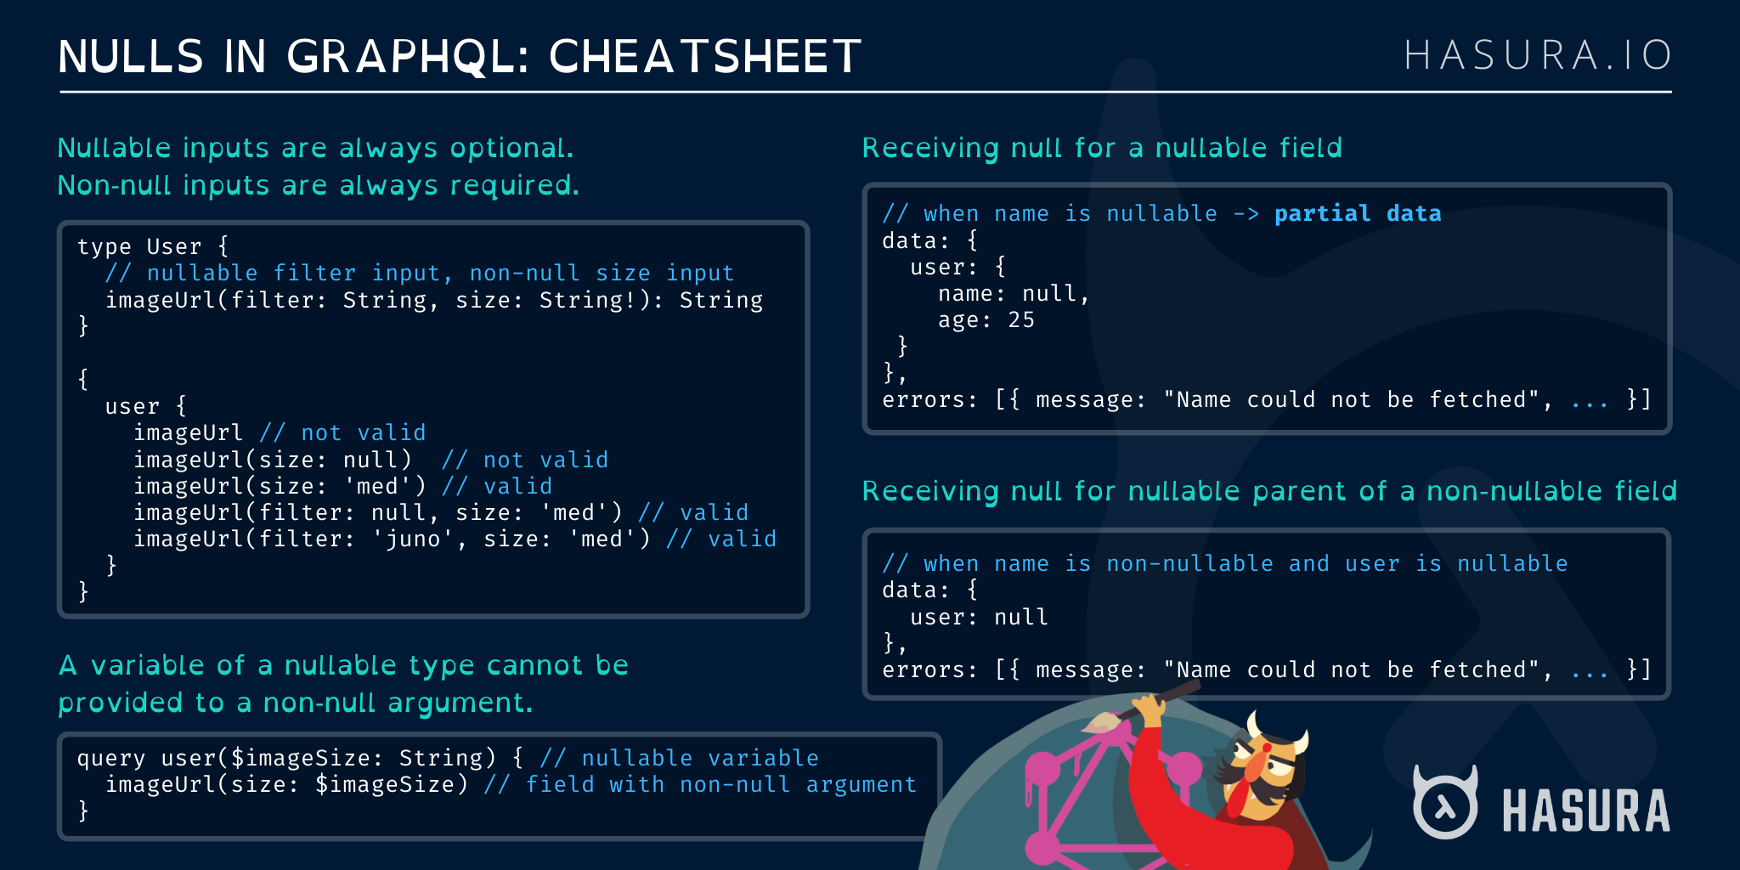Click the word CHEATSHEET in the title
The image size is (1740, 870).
[x=704, y=58]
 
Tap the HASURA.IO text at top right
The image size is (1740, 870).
[x=1537, y=56]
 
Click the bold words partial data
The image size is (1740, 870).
[x=1357, y=214]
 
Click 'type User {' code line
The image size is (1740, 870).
[x=153, y=247]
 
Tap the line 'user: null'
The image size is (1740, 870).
[x=979, y=618]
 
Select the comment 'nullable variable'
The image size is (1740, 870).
[x=699, y=758]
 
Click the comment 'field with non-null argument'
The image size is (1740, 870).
[x=720, y=784]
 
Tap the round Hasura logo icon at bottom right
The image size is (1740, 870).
[x=1444, y=804]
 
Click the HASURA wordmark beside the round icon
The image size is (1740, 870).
[x=1585, y=811]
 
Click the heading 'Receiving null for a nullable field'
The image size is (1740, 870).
[x=1102, y=149]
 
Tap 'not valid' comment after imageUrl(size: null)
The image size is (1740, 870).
[x=545, y=460]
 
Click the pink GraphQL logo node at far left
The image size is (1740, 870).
[x=1042, y=770]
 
